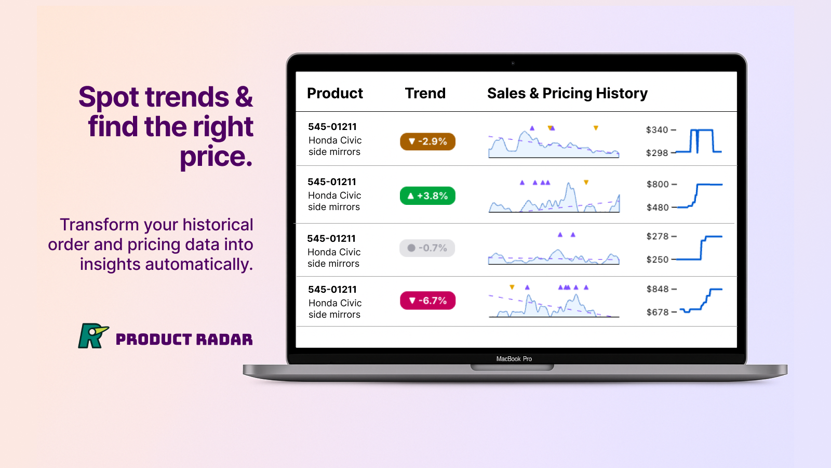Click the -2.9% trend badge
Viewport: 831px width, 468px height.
pyautogui.click(x=427, y=141)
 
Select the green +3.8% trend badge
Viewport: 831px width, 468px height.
pyautogui.click(x=427, y=196)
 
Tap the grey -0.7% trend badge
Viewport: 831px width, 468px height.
pyautogui.click(x=427, y=248)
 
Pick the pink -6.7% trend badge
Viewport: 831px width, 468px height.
pyautogui.click(x=427, y=301)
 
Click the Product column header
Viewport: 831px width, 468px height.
pyautogui.click(x=335, y=94)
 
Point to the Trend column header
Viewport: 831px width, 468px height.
pyautogui.click(x=425, y=94)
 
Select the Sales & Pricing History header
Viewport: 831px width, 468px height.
pyautogui.click(x=567, y=94)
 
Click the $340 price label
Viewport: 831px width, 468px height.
pyautogui.click(x=657, y=130)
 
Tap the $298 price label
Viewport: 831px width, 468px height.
pyautogui.click(x=657, y=153)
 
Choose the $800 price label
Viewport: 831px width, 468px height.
pyautogui.click(x=658, y=185)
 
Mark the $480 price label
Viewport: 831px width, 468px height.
pyautogui.click(x=658, y=207)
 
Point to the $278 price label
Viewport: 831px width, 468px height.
pyautogui.click(x=658, y=237)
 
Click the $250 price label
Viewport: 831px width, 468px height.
pyautogui.click(x=658, y=259)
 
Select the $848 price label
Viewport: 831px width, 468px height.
pyautogui.click(x=658, y=289)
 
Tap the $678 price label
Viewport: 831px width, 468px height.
pyautogui.click(x=658, y=312)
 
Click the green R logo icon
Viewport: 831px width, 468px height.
pyautogui.click(x=92, y=336)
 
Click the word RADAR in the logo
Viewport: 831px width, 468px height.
pyautogui.click(x=224, y=340)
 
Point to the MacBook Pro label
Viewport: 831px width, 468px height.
pyautogui.click(x=514, y=359)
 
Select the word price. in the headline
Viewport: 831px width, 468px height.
pyautogui.click(x=216, y=157)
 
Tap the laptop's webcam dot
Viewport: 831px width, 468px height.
pyautogui.click(x=513, y=63)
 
